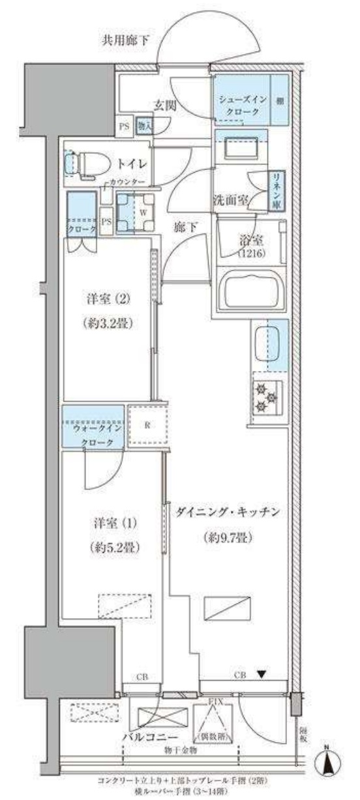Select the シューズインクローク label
tap(241, 105)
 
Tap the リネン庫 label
tap(277, 188)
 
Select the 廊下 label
tap(183, 228)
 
